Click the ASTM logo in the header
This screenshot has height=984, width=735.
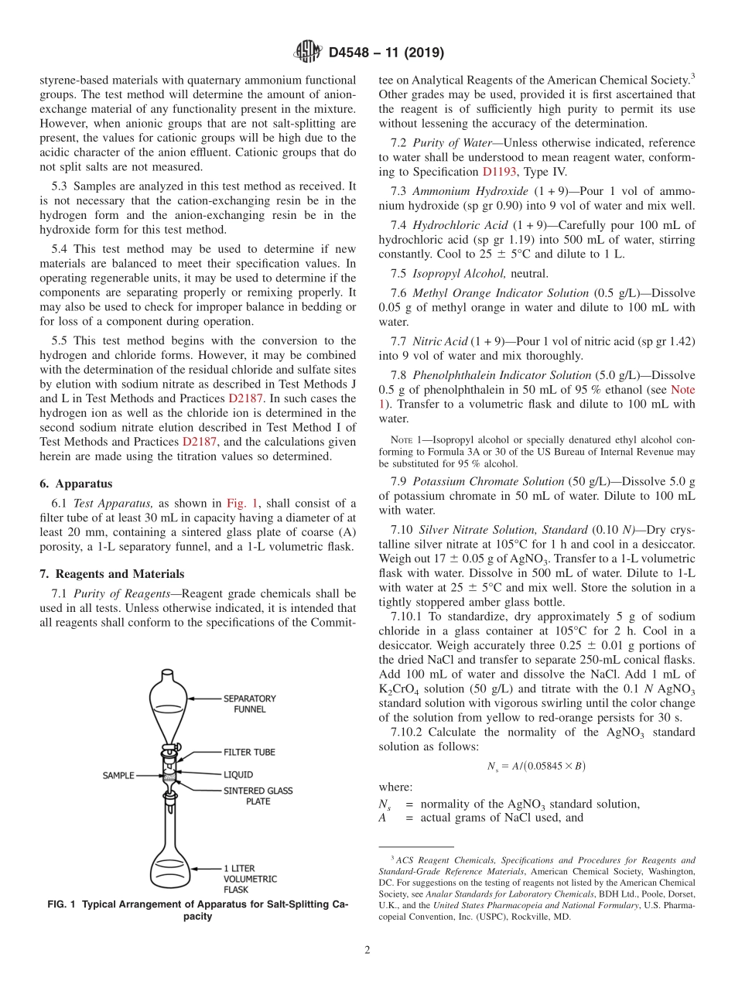308,53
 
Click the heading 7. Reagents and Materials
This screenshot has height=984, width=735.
111,574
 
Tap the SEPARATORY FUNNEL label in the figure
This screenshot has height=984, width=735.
249,703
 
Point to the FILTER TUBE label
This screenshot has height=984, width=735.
248,752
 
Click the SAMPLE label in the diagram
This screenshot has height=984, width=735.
118,775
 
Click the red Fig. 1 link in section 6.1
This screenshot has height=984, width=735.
241,502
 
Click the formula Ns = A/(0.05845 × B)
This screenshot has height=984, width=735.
536,766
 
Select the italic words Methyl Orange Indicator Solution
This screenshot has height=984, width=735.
501,293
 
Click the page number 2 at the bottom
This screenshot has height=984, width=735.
367,951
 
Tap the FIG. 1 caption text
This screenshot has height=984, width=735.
197,910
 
